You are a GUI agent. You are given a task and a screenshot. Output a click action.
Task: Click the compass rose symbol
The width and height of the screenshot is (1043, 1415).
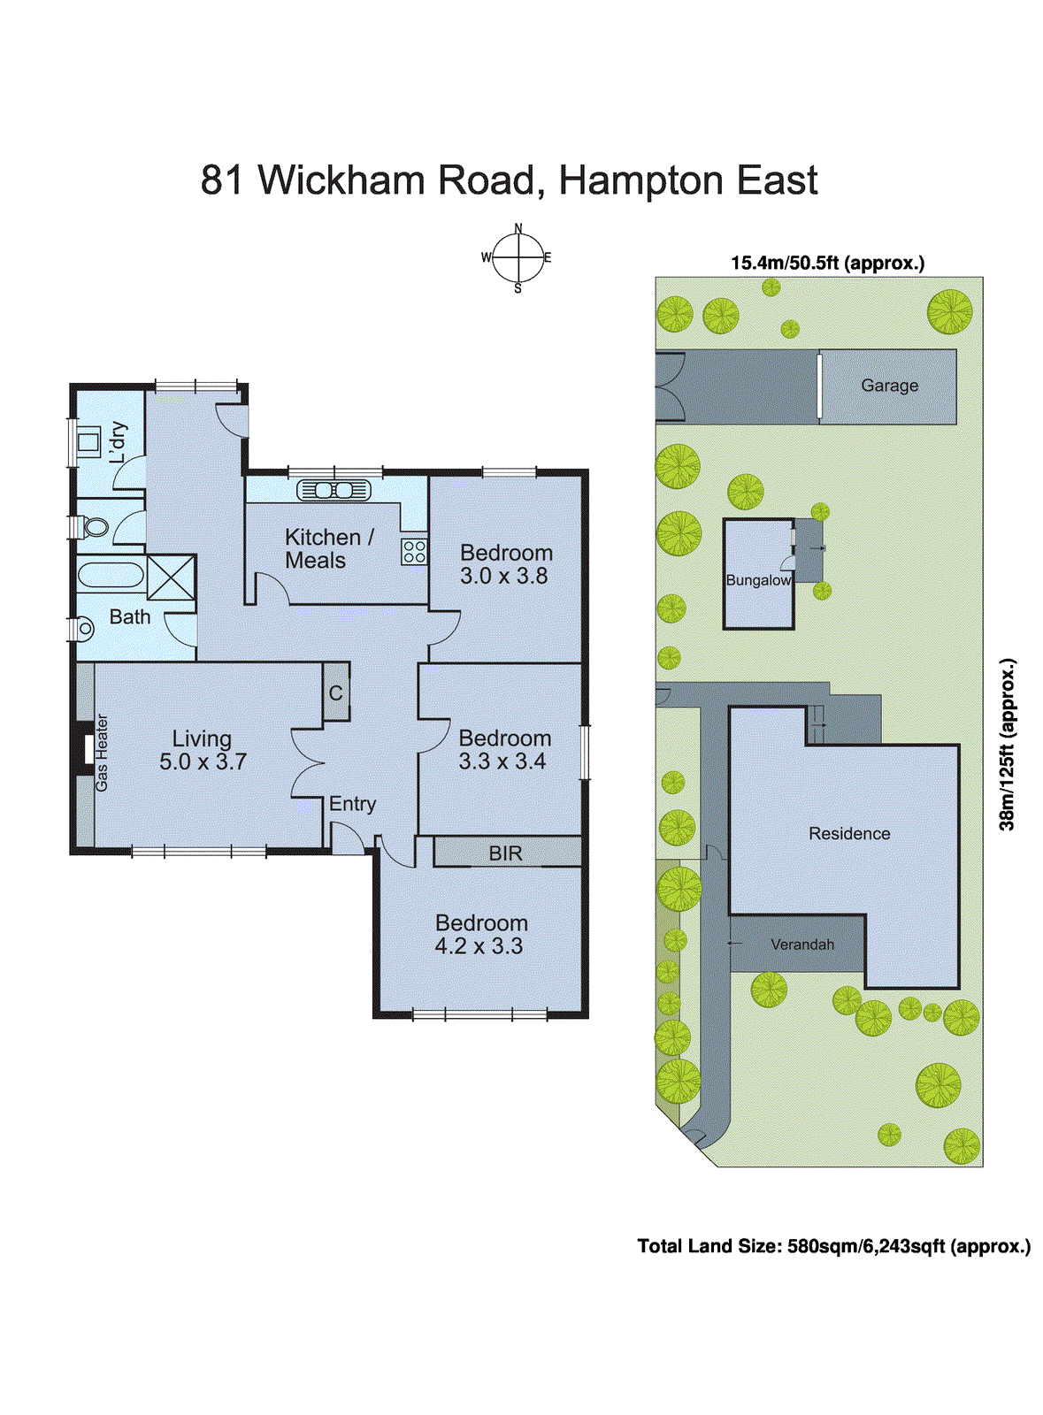click(518, 258)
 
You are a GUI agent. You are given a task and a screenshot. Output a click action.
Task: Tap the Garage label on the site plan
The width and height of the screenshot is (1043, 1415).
click(889, 386)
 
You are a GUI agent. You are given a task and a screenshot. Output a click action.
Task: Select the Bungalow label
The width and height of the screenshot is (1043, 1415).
click(758, 580)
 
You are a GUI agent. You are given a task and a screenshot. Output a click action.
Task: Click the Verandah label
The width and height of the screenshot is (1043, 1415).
click(801, 945)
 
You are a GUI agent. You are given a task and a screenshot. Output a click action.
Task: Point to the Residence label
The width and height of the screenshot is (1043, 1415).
click(849, 833)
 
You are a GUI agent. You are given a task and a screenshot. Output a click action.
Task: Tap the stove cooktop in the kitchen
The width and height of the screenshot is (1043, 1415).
click(413, 552)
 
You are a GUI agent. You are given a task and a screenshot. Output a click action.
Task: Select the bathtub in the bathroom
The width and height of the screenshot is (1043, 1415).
click(110, 576)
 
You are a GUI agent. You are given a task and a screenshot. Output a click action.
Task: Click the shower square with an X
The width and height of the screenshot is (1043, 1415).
click(170, 577)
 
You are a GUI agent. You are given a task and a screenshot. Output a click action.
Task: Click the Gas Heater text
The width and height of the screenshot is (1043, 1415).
click(103, 753)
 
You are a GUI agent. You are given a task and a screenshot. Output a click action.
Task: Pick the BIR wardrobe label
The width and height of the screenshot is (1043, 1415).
click(505, 853)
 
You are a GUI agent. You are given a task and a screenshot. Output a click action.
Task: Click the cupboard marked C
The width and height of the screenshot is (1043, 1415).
click(335, 692)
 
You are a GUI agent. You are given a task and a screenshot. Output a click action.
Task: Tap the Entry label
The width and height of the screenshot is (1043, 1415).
click(352, 804)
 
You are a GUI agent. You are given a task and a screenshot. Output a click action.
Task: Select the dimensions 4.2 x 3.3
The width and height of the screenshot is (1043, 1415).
click(479, 946)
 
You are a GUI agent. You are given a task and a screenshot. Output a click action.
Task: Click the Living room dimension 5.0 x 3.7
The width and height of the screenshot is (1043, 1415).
click(203, 761)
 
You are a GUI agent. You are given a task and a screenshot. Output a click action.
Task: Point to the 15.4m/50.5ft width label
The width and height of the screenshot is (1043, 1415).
click(827, 263)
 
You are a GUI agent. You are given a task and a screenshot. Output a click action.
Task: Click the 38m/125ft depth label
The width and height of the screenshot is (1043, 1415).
click(1008, 744)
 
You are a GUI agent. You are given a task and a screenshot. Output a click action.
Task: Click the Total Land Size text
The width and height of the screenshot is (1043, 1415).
click(833, 1246)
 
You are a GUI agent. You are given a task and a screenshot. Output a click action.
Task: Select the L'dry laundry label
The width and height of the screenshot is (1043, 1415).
click(118, 442)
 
